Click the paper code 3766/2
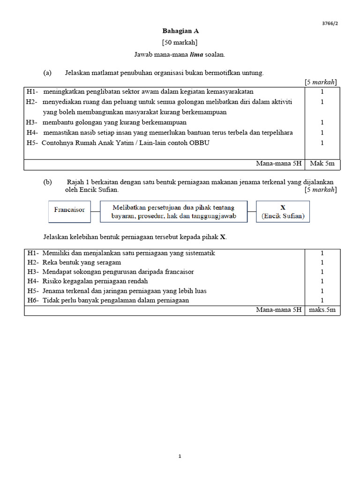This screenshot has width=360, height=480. (330, 23)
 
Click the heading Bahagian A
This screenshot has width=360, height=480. (180, 31)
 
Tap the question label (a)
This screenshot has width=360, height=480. (47, 73)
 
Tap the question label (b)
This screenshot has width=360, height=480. (47, 182)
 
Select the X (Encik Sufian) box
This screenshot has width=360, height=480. (283, 211)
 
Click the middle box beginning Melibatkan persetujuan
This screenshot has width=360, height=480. (173, 211)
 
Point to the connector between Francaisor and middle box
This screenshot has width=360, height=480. (95, 211)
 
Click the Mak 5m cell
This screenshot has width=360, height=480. (322, 164)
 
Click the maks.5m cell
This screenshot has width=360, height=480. (322, 310)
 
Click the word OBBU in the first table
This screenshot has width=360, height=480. (199, 143)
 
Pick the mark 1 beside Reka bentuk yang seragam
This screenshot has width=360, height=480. (322, 262)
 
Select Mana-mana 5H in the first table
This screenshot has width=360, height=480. (278, 164)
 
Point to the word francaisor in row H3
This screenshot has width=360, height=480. (177, 272)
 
